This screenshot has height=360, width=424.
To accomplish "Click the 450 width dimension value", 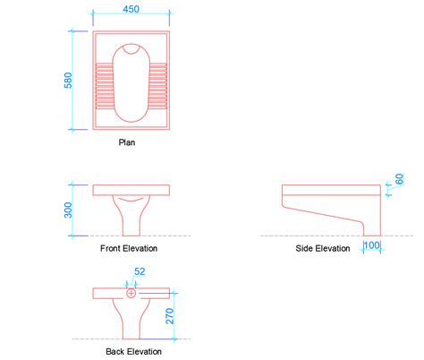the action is pyautogui.click(x=131, y=9).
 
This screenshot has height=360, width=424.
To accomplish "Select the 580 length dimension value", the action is pyautogui.click(x=68, y=81).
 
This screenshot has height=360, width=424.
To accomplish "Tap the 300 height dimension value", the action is pyautogui.click(x=68, y=210).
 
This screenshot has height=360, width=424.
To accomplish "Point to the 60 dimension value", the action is pyautogui.click(x=399, y=179).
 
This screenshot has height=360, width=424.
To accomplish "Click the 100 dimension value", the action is pyautogui.click(x=372, y=245).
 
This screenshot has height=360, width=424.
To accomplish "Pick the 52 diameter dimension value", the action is pyautogui.click(x=140, y=271).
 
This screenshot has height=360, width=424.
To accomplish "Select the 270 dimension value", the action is pyautogui.click(x=170, y=316).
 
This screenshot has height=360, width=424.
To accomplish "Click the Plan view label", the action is pyautogui.click(x=127, y=142).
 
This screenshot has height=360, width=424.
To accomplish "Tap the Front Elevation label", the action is pyautogui.click(x=129, y=248).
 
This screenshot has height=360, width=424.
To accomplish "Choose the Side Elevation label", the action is pyautogui.click(x=323, y=248).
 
